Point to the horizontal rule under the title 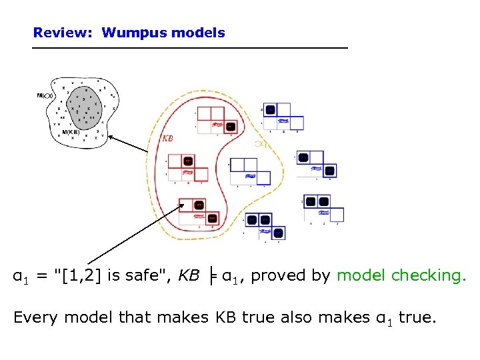(190, 48)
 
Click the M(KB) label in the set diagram (71, 132)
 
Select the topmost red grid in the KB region (215, 120)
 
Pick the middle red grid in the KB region (187, 167)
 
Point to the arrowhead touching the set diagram (110, 137)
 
